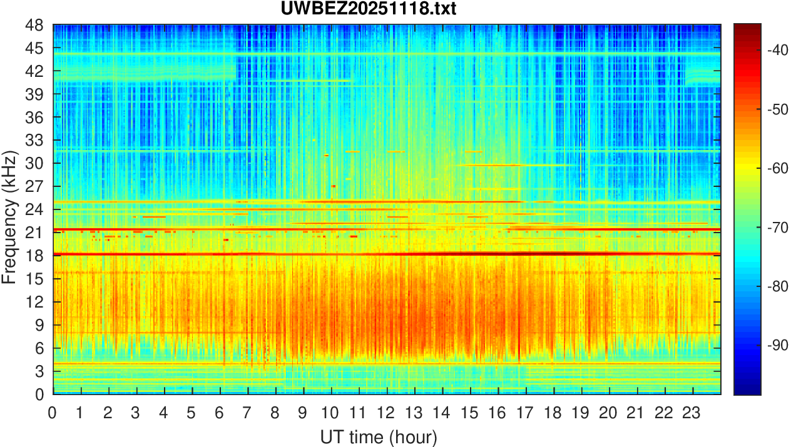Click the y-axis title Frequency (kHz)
9,217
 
